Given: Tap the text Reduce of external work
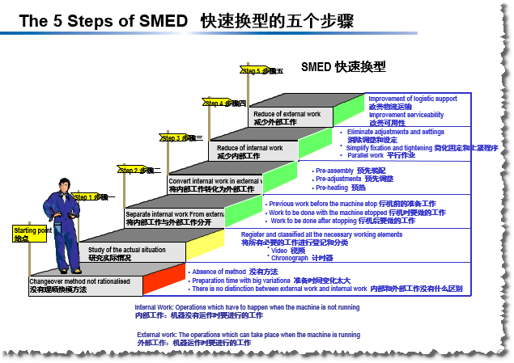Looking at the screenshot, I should pyautogui.click(x=287, y=114).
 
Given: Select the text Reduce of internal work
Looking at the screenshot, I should pyautogui.click(x=249, y=148).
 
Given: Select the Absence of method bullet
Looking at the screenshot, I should pyautogui.click(x=219, y=272).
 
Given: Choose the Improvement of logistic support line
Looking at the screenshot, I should pyautogui.click(x=412, y=99).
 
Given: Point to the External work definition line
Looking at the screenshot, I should pyautogui.click(x=248, y=334).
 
